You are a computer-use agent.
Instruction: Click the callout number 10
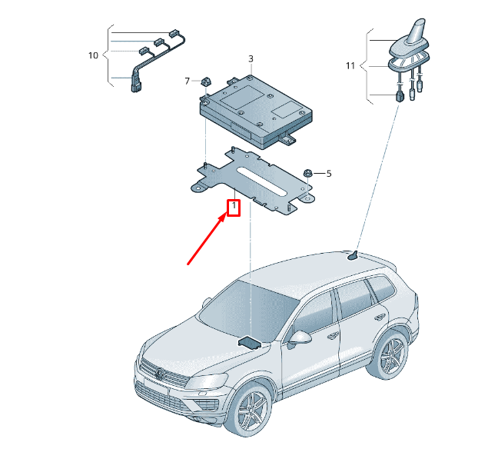coord(93,55)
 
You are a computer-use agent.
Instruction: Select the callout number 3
coord(251,59)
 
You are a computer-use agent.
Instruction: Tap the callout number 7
coord(187,81)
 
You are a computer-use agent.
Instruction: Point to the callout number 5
coord(329,174)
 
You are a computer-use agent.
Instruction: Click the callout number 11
coord(350,65)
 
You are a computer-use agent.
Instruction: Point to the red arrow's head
coord(225,214)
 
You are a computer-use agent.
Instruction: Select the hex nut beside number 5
coord(308,173)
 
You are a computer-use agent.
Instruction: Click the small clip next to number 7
coord(205,82)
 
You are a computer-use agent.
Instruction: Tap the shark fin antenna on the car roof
coord(354,256)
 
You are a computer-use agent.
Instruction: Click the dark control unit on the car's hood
coord(249,343)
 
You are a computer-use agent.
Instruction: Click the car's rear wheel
coord(390,355)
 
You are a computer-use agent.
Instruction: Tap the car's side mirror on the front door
coord(300,338)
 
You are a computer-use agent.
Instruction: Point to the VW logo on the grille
coord(160,374)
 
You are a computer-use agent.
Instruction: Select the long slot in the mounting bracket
coord(261,182)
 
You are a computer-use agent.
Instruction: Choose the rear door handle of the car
coord(380,317)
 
